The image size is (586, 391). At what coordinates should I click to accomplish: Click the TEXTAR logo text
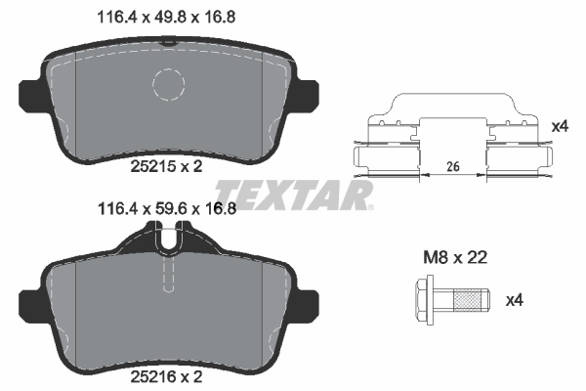tap(293, 195)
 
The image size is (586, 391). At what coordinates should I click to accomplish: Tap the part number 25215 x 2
tap(166, 166)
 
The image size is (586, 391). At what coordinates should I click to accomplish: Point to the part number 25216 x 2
tap(166, 374)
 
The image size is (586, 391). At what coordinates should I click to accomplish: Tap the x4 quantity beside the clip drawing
tap(559, 126)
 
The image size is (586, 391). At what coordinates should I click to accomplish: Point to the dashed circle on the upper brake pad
tap(175, 85)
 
